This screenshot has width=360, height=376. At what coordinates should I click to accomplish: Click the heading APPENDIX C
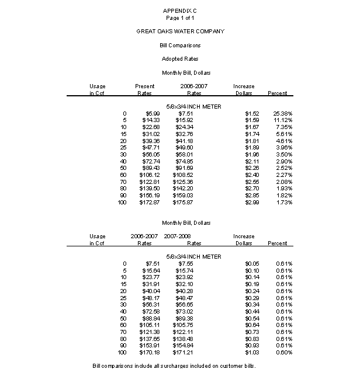tap(180, 11)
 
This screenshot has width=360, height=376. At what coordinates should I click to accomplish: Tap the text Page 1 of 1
tap(180, 18)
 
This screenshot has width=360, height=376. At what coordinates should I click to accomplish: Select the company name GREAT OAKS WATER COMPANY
tap(180, 31)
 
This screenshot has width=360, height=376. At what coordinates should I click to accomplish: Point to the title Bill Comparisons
tap(180, 45)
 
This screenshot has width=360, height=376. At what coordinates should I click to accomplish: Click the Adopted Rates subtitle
tap(180, 59)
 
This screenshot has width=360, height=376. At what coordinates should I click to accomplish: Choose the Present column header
tap(145, 86)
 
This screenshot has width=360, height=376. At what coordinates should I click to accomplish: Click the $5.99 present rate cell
tap(146, 113)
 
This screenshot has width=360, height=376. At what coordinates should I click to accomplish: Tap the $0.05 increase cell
tap(244, 264)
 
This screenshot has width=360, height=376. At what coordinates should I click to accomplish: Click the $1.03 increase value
tap(244, 353)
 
